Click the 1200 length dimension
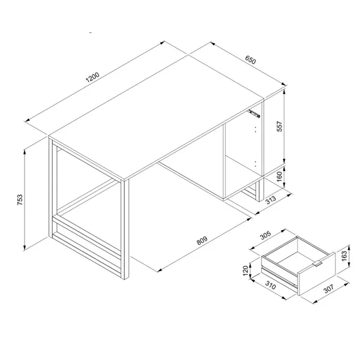92,77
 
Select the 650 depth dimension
250,59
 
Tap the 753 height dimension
20,200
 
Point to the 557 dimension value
280,126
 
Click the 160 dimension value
279,176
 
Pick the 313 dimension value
271,200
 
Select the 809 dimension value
202,241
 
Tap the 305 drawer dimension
266,235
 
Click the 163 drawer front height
344,256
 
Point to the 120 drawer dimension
245,271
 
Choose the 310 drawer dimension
271,285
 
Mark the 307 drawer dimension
328,289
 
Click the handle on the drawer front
317,264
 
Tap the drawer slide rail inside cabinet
253,113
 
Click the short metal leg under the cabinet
260,190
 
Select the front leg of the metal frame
125,230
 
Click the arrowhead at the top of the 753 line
25,152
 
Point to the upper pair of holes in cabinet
255,129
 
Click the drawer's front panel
317,274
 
